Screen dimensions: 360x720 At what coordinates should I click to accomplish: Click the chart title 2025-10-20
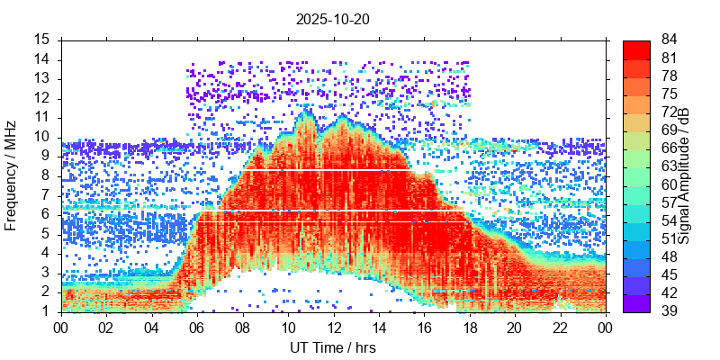(x=333, y=18)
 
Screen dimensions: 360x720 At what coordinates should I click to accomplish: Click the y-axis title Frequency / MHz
(x=12, y=175)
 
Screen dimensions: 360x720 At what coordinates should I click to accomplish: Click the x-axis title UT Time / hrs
(x=333, y=347)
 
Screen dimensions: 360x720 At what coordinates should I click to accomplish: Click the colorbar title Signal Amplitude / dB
(x=684, y=175)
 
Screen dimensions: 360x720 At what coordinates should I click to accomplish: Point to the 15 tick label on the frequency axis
(x=41, y=40)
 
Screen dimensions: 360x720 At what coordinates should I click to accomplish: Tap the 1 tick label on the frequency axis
(x=45, y=310)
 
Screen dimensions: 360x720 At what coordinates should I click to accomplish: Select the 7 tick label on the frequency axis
(x=45, y=194)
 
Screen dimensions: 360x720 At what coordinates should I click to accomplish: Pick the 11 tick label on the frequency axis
(x=41, y=117)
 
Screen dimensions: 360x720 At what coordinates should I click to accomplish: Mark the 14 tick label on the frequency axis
(x=41, y=59)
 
